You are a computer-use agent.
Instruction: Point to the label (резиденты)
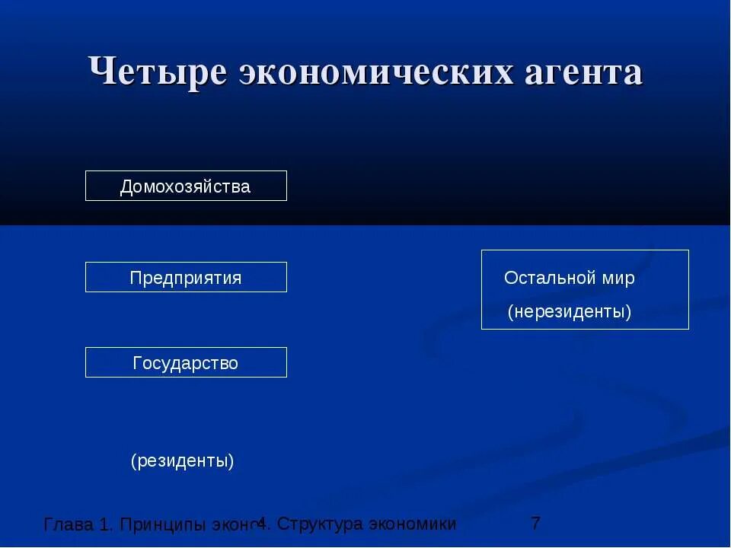click(182, 460)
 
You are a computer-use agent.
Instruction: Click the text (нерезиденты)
click(570, 311)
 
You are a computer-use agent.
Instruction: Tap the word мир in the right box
click(618, 278)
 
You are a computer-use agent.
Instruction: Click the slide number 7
click(535, 524)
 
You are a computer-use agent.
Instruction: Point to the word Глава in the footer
click(69, 524)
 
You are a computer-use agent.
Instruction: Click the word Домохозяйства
click(185, 186)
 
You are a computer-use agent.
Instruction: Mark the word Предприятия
click(185, 278)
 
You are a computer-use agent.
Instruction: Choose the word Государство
click(185, 363)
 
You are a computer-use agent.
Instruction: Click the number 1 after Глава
click(104, 524)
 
